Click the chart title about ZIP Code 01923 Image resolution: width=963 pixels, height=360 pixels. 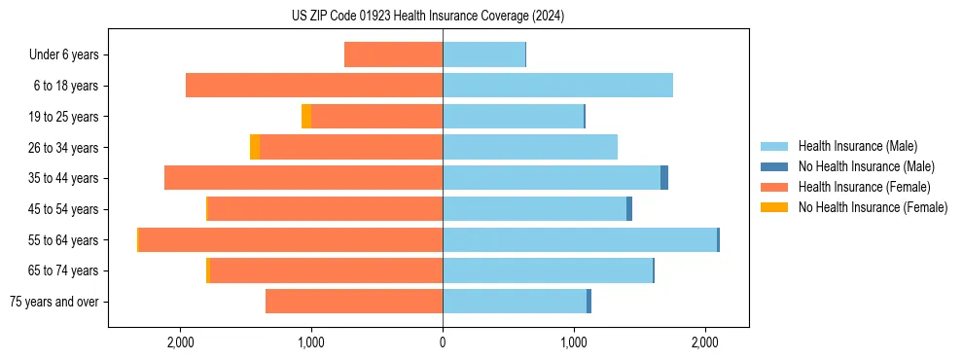[x=427, y=17]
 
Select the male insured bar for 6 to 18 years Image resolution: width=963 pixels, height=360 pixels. [x=557, y=86]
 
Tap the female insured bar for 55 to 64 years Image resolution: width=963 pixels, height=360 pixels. [x=291, y=239]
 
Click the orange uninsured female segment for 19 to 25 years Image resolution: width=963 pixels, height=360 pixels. [x=306, y=117]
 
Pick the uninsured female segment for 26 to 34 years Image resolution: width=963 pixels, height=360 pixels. [x=255, y=147]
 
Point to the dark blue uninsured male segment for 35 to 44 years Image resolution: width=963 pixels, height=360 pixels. [x=664, y=178]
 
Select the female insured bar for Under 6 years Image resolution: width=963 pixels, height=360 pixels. [x=393, y=54]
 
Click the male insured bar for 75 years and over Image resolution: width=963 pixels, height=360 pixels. [x=515, y=302]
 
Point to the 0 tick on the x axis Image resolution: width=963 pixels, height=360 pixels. [x=443, y=342]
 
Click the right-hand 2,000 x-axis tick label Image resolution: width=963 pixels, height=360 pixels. [x=705, y=342]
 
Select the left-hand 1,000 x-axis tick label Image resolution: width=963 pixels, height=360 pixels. [x=311, y=342]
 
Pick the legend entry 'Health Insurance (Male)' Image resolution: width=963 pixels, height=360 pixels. [x=857, y=146]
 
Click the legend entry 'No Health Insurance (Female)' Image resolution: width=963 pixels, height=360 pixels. [x=873, y=207]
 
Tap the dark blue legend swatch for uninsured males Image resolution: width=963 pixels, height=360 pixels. [x=774, y=166]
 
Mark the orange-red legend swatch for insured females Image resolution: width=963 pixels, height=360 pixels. [x=774, y=187]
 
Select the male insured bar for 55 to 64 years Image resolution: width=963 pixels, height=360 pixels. [x=580, y=239]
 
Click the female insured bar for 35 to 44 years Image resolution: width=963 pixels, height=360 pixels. [x=303, y=178]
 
